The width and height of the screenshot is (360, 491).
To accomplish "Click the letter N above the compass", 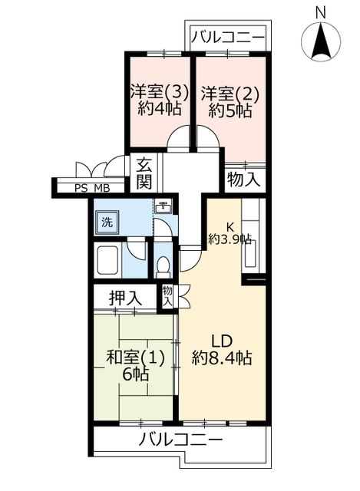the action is [x=320, y=13].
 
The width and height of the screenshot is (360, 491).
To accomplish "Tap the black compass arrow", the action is [x=321, y=41].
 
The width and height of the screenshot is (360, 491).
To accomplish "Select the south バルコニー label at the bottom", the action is [x=180, y=440].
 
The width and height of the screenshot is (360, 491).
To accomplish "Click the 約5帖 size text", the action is [x=230, y=110].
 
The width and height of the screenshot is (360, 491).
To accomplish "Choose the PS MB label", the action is [x=92, y=189].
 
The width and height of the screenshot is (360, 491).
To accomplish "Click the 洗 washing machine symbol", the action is [x=107, y=222].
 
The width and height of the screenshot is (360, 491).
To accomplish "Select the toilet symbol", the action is [x=163, y=267].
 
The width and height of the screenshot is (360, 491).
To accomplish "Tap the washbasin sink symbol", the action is [x=163, y=206].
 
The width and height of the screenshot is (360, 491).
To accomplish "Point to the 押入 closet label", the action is [x=125, y=298].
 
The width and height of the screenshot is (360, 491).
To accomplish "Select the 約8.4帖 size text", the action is [x=222, y=358].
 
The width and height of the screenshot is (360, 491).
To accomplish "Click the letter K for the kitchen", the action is [x=230, y=226].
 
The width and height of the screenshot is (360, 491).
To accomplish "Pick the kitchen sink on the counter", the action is [x=251, y=253].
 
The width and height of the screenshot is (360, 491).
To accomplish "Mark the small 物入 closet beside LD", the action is [x=167, y=296].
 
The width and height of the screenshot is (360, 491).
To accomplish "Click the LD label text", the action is [x=222, y=341].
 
